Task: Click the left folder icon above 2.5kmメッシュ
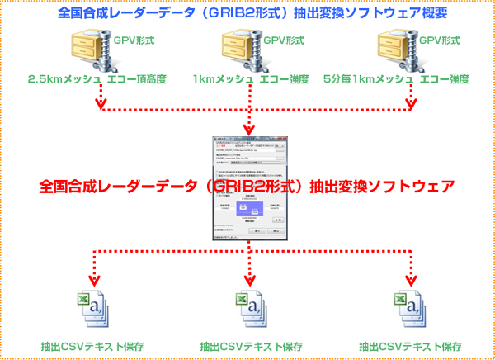pos(89,50)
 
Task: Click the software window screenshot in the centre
pos(248,190)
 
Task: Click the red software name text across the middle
pos(247,187)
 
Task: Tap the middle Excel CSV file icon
pos(248,306)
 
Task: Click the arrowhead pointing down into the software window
pos(248,130)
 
